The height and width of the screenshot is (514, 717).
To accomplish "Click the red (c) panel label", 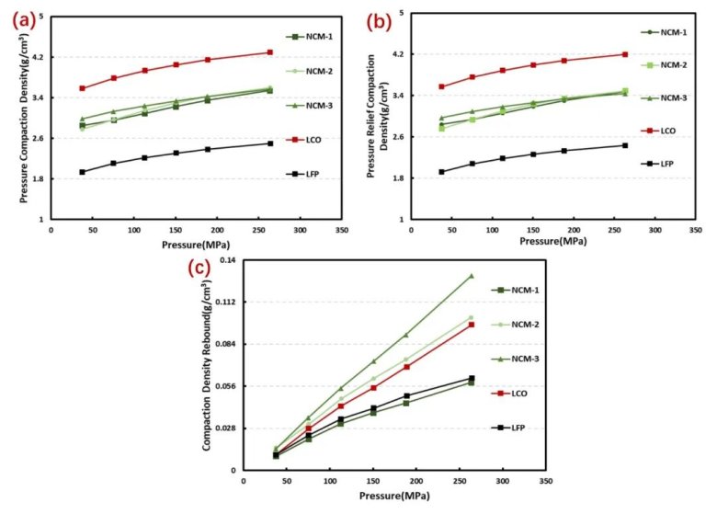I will [199, 268].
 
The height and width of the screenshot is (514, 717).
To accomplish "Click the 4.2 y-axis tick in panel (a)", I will [39, 57].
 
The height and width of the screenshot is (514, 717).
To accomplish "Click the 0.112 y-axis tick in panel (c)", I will [225, 302].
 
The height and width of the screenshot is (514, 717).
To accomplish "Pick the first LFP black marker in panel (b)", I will [441, 172].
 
